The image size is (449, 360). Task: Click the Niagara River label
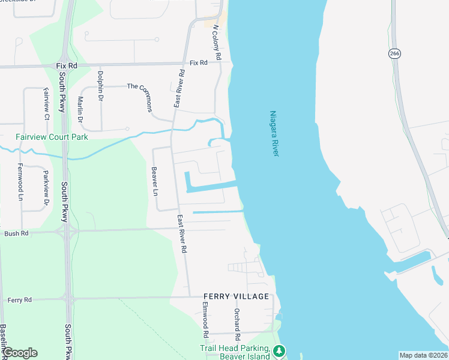[274, 134]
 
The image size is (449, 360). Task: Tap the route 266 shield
[394, 53]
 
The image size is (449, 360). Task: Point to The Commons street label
[144, 96]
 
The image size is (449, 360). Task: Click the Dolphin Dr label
[100, 85]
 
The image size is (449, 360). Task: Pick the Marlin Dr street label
[80, 110]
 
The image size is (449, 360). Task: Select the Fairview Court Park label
[52, 137]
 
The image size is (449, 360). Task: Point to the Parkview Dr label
[46, 183]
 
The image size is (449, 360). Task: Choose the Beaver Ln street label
[155, 181]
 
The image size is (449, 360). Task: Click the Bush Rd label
[17, 233]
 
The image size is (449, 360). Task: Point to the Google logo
[20, 353]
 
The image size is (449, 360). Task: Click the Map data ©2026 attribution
[423, 355]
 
